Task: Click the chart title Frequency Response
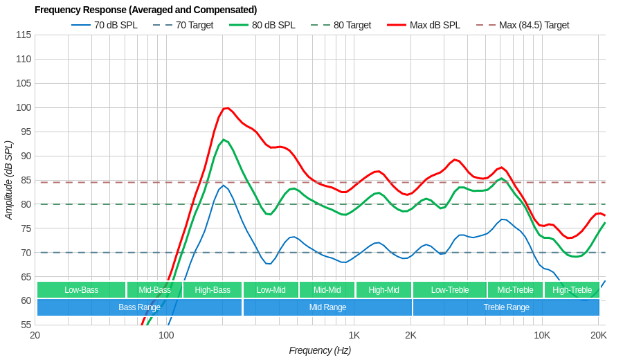click(x=145, y=10)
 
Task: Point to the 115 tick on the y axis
click(x=24, y=35)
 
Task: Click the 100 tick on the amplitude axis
click(x=24, y=107)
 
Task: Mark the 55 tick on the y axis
click(x=26, y=325)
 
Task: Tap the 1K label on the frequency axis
click(x=354, y=336)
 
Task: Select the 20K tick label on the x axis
click(x=598, y=336)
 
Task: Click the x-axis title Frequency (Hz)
click(x=320, y=350)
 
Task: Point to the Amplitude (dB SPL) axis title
click(x=9, y=180)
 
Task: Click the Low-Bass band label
click(x=81, y=290)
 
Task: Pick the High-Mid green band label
click(x=383, y=290)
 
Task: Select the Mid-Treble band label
click(x=515, y=290)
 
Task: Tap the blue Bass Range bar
click(x=139, y=307)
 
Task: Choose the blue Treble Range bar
click(x=506, y=307)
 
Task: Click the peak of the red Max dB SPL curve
click(x=226, y=108)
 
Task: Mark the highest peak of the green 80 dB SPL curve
click(x=223, y=139)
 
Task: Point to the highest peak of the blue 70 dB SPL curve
click(x=223, y=185)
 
